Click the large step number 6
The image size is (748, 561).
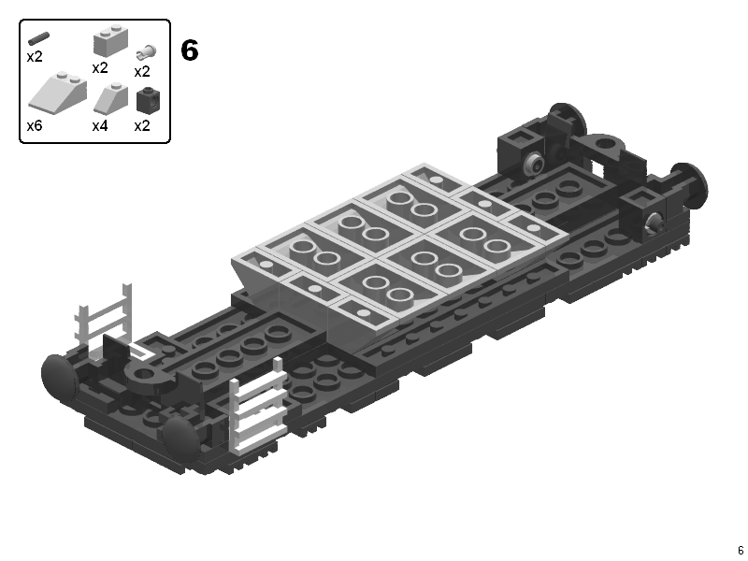[x=190, y=50]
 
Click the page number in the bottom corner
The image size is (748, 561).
[x=741, y=550]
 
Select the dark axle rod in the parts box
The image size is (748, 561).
[x=38, y=39]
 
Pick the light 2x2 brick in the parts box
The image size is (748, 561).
[x=110, y=41]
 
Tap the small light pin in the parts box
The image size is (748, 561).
[x=146, y=52]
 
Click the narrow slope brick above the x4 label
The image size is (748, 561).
[x=110, y=98]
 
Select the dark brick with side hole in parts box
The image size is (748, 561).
[x=148, y=101]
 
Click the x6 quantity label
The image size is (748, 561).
[x=35, y=126]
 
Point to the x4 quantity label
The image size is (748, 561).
[x=100, y=126]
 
